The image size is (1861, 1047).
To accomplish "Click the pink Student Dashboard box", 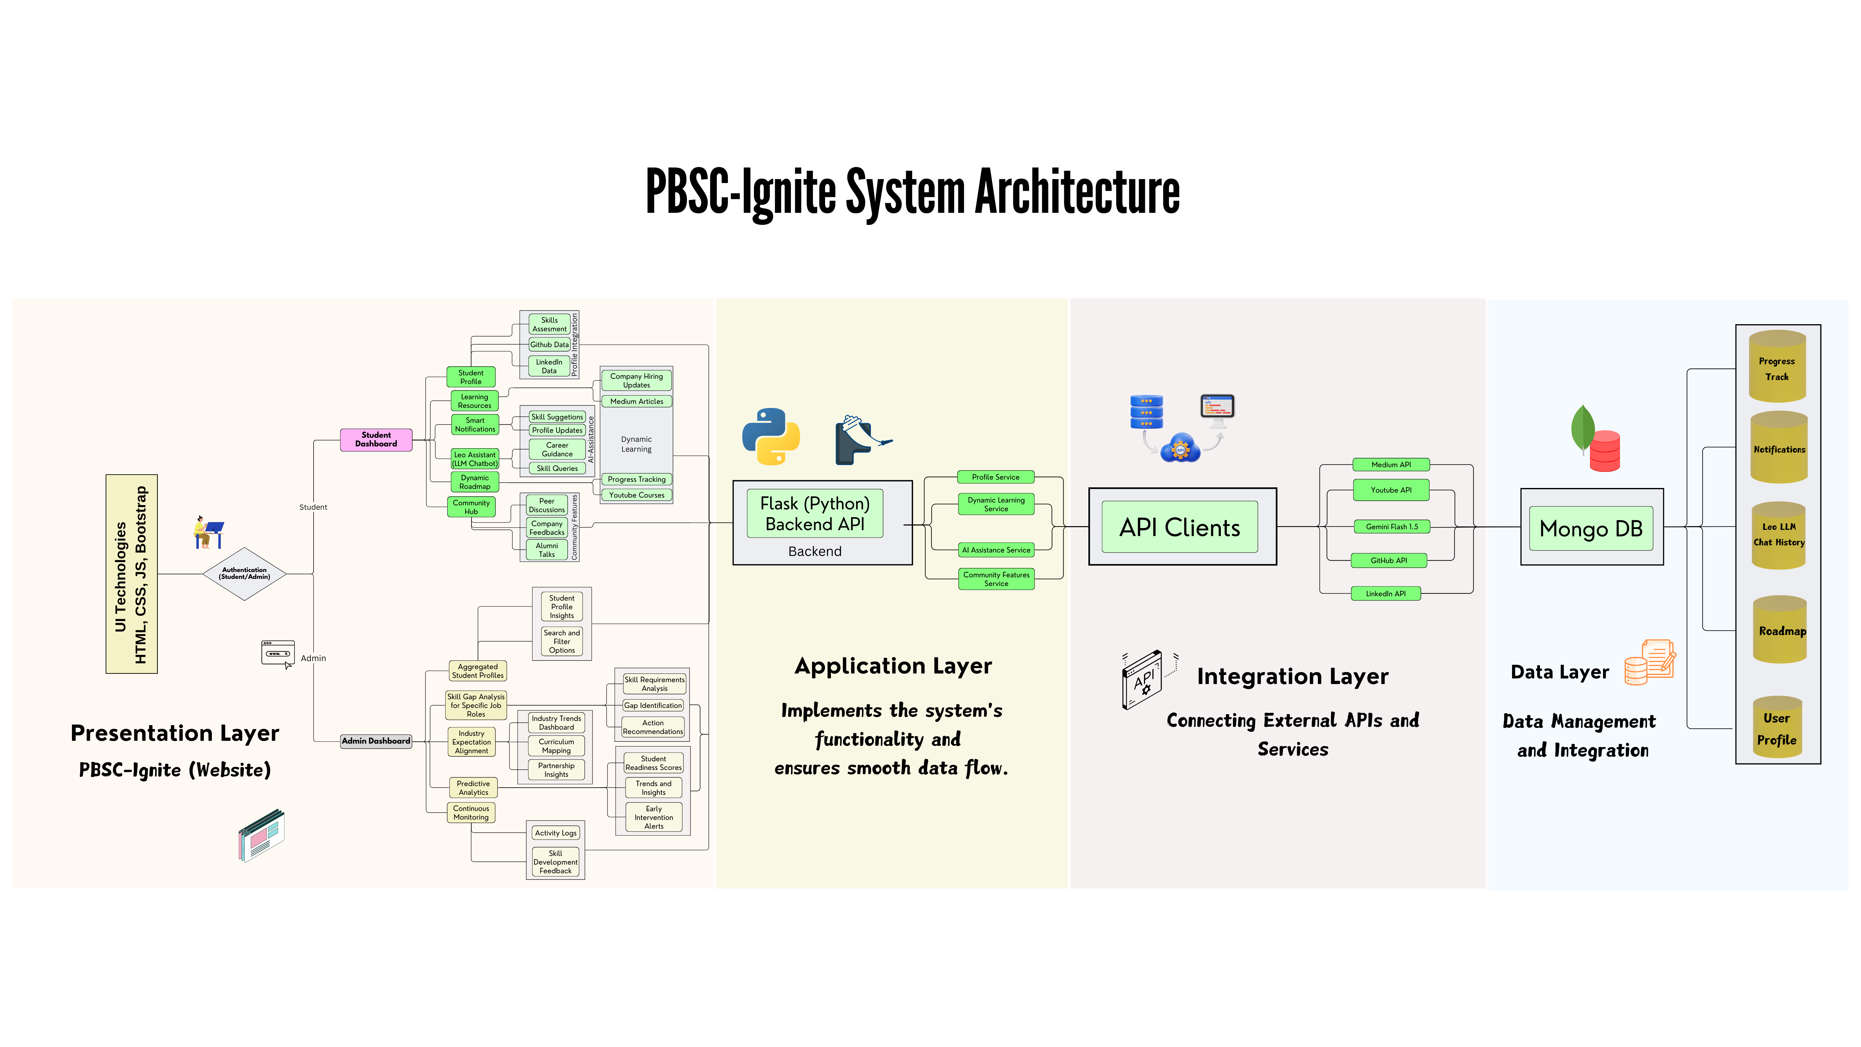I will pyautogui.click(x=376, y=439).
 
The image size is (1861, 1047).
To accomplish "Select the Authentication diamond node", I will pyautogui.click(x=244, y=574).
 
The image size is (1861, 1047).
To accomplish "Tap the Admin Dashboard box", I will pyautogui.click(x=376, y=741).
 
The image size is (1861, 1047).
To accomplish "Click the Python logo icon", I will pyautogui.click(x=771, y=436).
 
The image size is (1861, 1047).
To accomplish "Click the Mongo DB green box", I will pyautogui.click(x=1591, y=528).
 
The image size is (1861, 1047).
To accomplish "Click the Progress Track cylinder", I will pyautogui.click(x=1776, y=367).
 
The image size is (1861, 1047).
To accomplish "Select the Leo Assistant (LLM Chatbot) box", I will pyautogui.click(x=475, y=459).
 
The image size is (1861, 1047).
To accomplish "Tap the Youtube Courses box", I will pyautogui.click(x=636, y=495).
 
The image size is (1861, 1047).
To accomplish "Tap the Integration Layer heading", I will pyautogui.click(x=1292, y=676).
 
